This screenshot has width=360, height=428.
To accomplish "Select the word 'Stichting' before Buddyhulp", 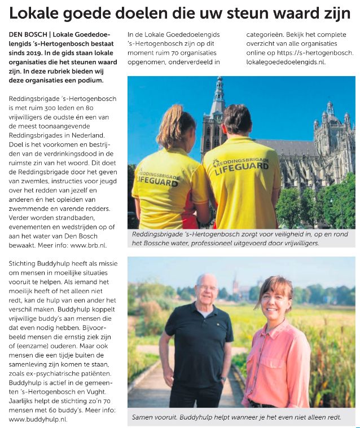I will coord(23,263).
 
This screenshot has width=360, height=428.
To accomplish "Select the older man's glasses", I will coord(208,287).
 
